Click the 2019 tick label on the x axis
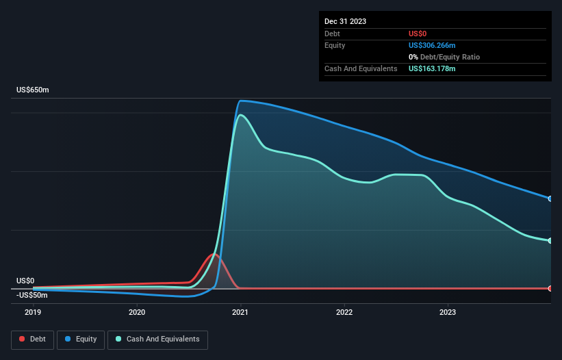point(33,312)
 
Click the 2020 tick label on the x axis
point(137,312)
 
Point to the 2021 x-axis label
point(240,312)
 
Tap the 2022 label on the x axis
point(344,312)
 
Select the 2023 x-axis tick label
point(448,312)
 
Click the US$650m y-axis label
point(33,90)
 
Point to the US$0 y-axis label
point(25,281)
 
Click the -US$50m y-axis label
point(32,295)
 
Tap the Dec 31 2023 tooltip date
point(345,21)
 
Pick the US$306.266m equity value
point(432,45)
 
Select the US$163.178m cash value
point(432,68)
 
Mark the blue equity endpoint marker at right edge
point(550,198)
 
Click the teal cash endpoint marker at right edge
point(550,241)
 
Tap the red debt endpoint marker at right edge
point(550,288)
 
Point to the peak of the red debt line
point(214,255)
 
